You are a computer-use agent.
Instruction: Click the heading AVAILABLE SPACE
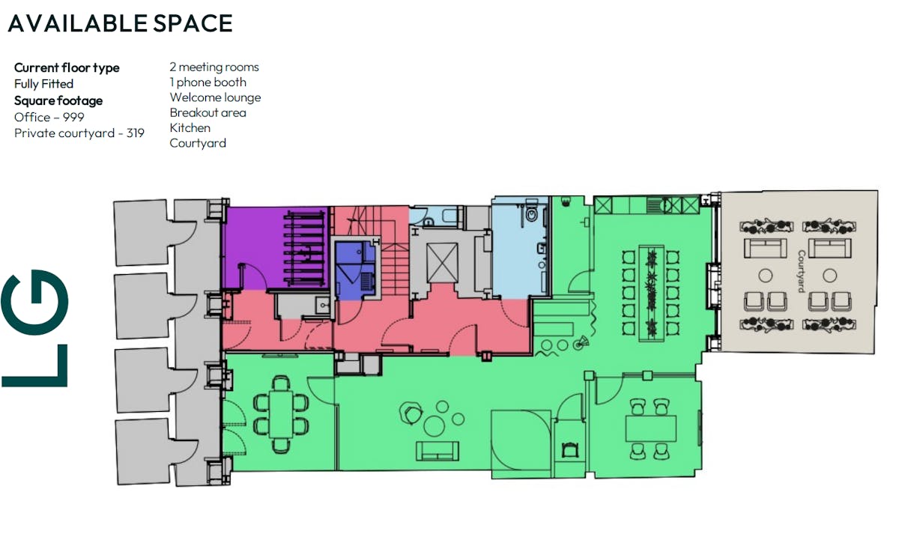(120, 23)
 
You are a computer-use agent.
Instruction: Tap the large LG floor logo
(35, 328)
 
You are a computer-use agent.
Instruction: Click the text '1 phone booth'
(208, 82)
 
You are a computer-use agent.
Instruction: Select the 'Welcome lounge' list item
(215, 97)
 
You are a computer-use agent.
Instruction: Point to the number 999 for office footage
(73, 117)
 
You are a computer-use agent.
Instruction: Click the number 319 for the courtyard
(136, 133)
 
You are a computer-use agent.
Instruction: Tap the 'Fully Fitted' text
(43, 84)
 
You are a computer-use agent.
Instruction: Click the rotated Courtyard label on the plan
(801, 271)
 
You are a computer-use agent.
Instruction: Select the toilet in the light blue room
(531, 212)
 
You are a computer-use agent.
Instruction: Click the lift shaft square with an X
(442, 263)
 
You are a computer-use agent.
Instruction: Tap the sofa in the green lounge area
(438, 451)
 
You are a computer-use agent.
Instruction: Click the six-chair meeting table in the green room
(281, 414)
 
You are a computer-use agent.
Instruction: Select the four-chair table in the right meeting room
(650, 428)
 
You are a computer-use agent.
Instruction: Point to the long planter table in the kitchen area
(651, 294)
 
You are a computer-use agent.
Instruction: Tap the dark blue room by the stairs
(356, 270)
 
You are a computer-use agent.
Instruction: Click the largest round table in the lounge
(434, 426)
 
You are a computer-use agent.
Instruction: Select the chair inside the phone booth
(569, 449)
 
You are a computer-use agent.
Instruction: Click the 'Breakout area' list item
(208, 112)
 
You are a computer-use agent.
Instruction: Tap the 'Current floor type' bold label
(67, 68)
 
